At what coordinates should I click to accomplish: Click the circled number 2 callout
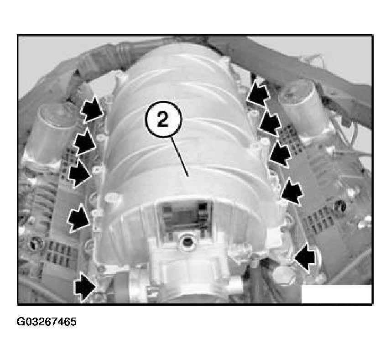coord(163,120)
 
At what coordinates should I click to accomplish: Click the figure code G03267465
coord(47,322)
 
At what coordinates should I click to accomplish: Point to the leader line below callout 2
coord(180,157)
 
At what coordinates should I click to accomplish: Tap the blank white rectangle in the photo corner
coord(336,294)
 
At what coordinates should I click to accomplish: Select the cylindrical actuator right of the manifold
coord(303,110)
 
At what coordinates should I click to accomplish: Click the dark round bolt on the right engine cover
coord(341,206)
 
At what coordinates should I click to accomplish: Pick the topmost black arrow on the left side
coord(92,110)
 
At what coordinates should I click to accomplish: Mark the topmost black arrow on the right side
coord(259,93)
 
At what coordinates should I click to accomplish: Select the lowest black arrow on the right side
coord(305,257)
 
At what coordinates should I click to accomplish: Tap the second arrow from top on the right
coord(270,123)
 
